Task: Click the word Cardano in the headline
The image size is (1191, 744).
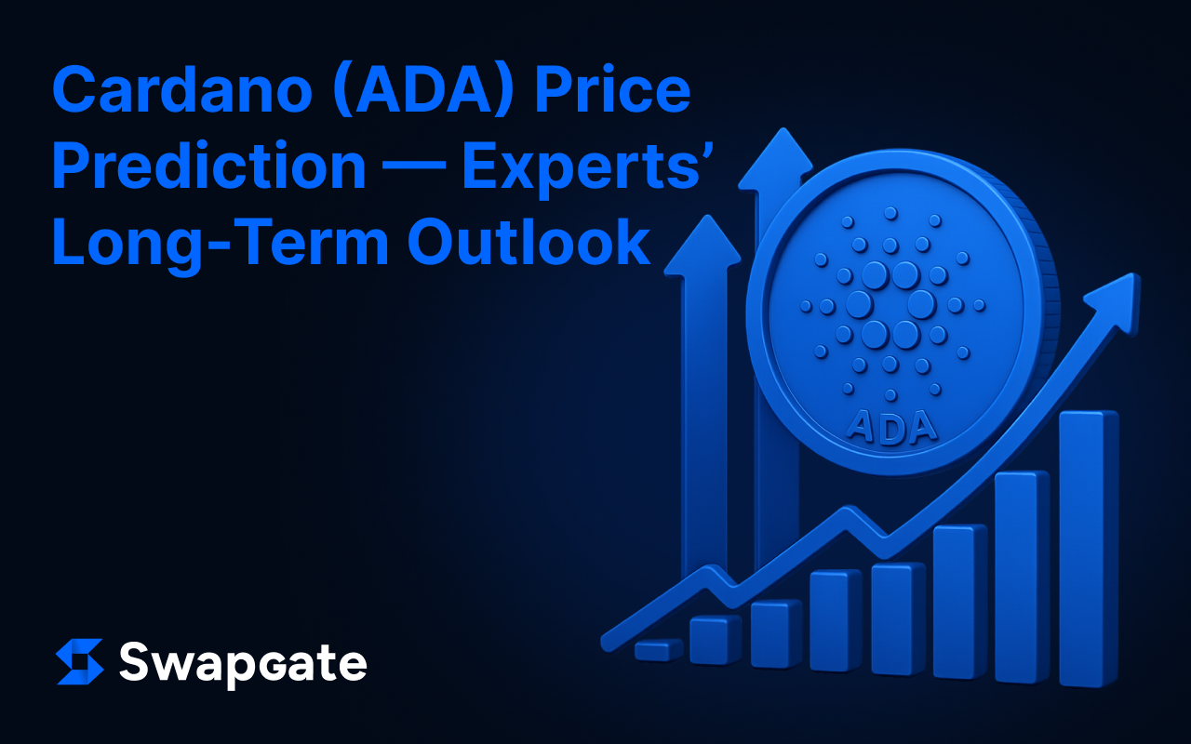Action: click(x=181, y=89)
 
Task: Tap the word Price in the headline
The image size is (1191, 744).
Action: click(x=612, y=88)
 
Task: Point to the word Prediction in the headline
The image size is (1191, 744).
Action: click(x=209, y=166)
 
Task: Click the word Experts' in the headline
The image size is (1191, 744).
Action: click(x=587, y=170)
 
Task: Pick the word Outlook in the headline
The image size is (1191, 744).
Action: click(x=529, y=241)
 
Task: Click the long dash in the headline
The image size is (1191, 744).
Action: click(x=415, y=166)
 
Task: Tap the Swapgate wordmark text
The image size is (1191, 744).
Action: click(x=243, y=664)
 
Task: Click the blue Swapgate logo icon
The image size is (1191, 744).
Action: click(x=80, y=661)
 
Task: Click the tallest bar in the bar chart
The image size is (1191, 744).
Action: click(x=1089, y=549)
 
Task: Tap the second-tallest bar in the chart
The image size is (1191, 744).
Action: click(x=1022, y=577)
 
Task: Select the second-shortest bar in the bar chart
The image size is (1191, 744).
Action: click(x=716, y=640)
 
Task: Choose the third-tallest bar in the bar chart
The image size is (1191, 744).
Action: click(x=960, y=602)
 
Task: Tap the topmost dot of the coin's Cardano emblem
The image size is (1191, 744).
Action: click(x=890, y=214)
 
